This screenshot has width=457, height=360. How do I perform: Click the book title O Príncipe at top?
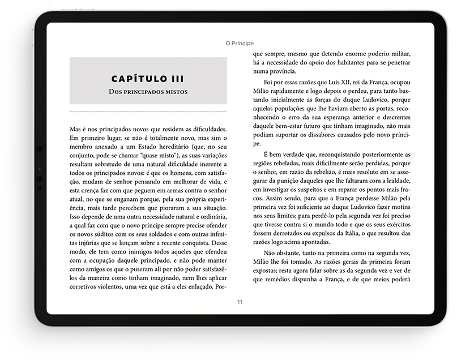239,43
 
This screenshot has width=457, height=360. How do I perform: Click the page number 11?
240,302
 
